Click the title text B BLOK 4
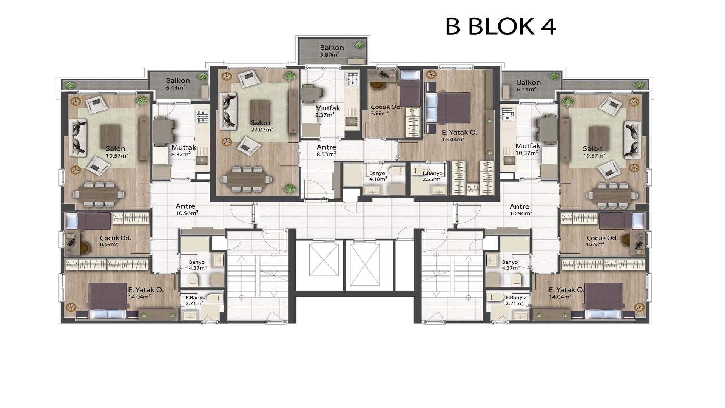[x=500, y=26]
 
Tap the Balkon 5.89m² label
[x=332, y=51]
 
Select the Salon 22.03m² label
[x=262, y=126]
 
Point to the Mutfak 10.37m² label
[x=528, y=149]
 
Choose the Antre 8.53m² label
[x=326, y=150]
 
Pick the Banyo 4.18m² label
[x=378, y=176]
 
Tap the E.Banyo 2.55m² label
[x=433, y=176]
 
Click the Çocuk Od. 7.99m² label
[x=386, y=110]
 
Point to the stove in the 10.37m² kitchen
[x=508, y=114]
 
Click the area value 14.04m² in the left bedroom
[x=139, y=297]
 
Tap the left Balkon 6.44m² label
[x=178, y=84]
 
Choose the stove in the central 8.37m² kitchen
[x=352, y=79]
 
